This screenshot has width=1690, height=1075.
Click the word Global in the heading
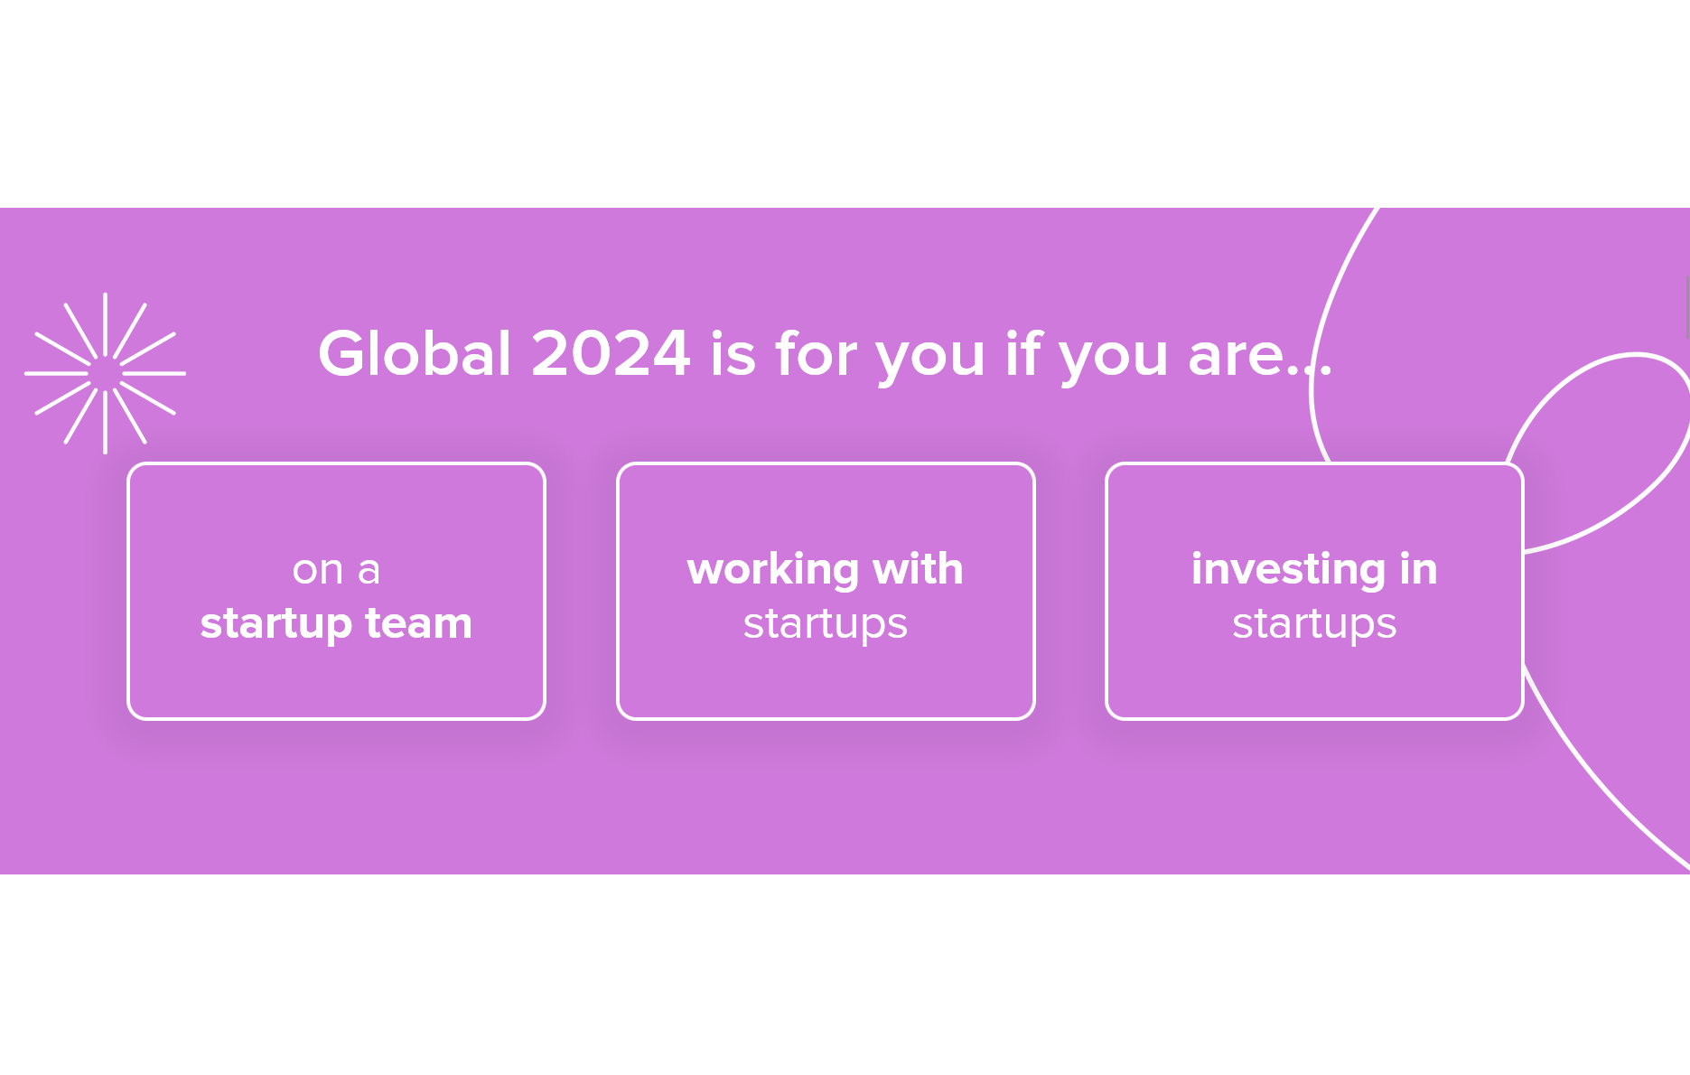coord(415,353)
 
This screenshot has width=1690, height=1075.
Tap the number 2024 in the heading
coord(611,353)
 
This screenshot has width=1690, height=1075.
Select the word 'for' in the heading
coord(816,353)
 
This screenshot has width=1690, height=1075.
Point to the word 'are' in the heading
coord(1235,355)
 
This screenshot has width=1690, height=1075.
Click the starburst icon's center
coord(106,373)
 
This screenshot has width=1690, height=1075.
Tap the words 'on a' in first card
coord(336,570)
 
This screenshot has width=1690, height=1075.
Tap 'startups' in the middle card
coord(825,623)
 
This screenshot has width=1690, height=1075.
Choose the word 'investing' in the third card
coord(1288,569)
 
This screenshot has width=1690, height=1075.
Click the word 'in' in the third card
coord(1418,569)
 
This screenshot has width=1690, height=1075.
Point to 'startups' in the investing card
coord(1314,623)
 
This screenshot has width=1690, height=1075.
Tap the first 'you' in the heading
coord(930,355)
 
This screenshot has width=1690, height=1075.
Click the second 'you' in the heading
coord(1113,355)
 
